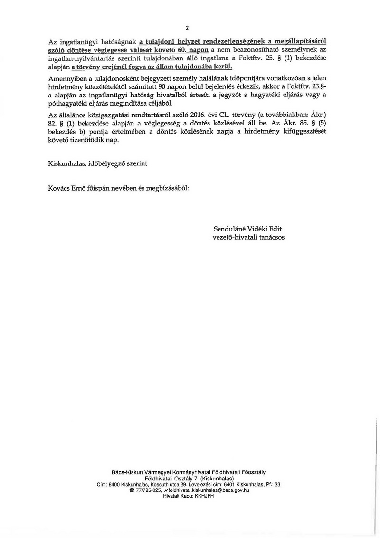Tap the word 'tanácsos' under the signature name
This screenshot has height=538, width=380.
point(271,237)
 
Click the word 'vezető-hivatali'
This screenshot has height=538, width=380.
point(234,237)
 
